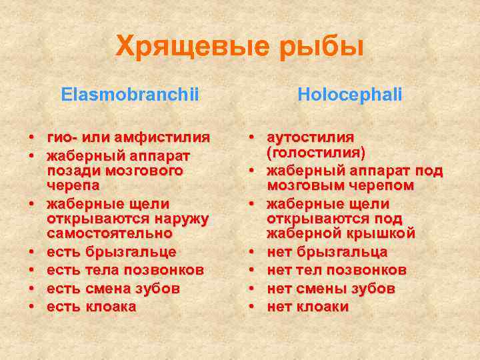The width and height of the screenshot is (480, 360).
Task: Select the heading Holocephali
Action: (x=349, y=95)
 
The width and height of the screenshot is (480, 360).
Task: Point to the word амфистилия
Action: (x=162, y=138)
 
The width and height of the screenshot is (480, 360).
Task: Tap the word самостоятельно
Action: (x=109, y=234)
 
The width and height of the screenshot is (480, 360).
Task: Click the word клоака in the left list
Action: (x=111, y=307)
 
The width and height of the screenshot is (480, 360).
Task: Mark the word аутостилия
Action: (x=311, y=138)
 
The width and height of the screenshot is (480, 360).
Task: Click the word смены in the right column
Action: (x=316, y=289)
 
